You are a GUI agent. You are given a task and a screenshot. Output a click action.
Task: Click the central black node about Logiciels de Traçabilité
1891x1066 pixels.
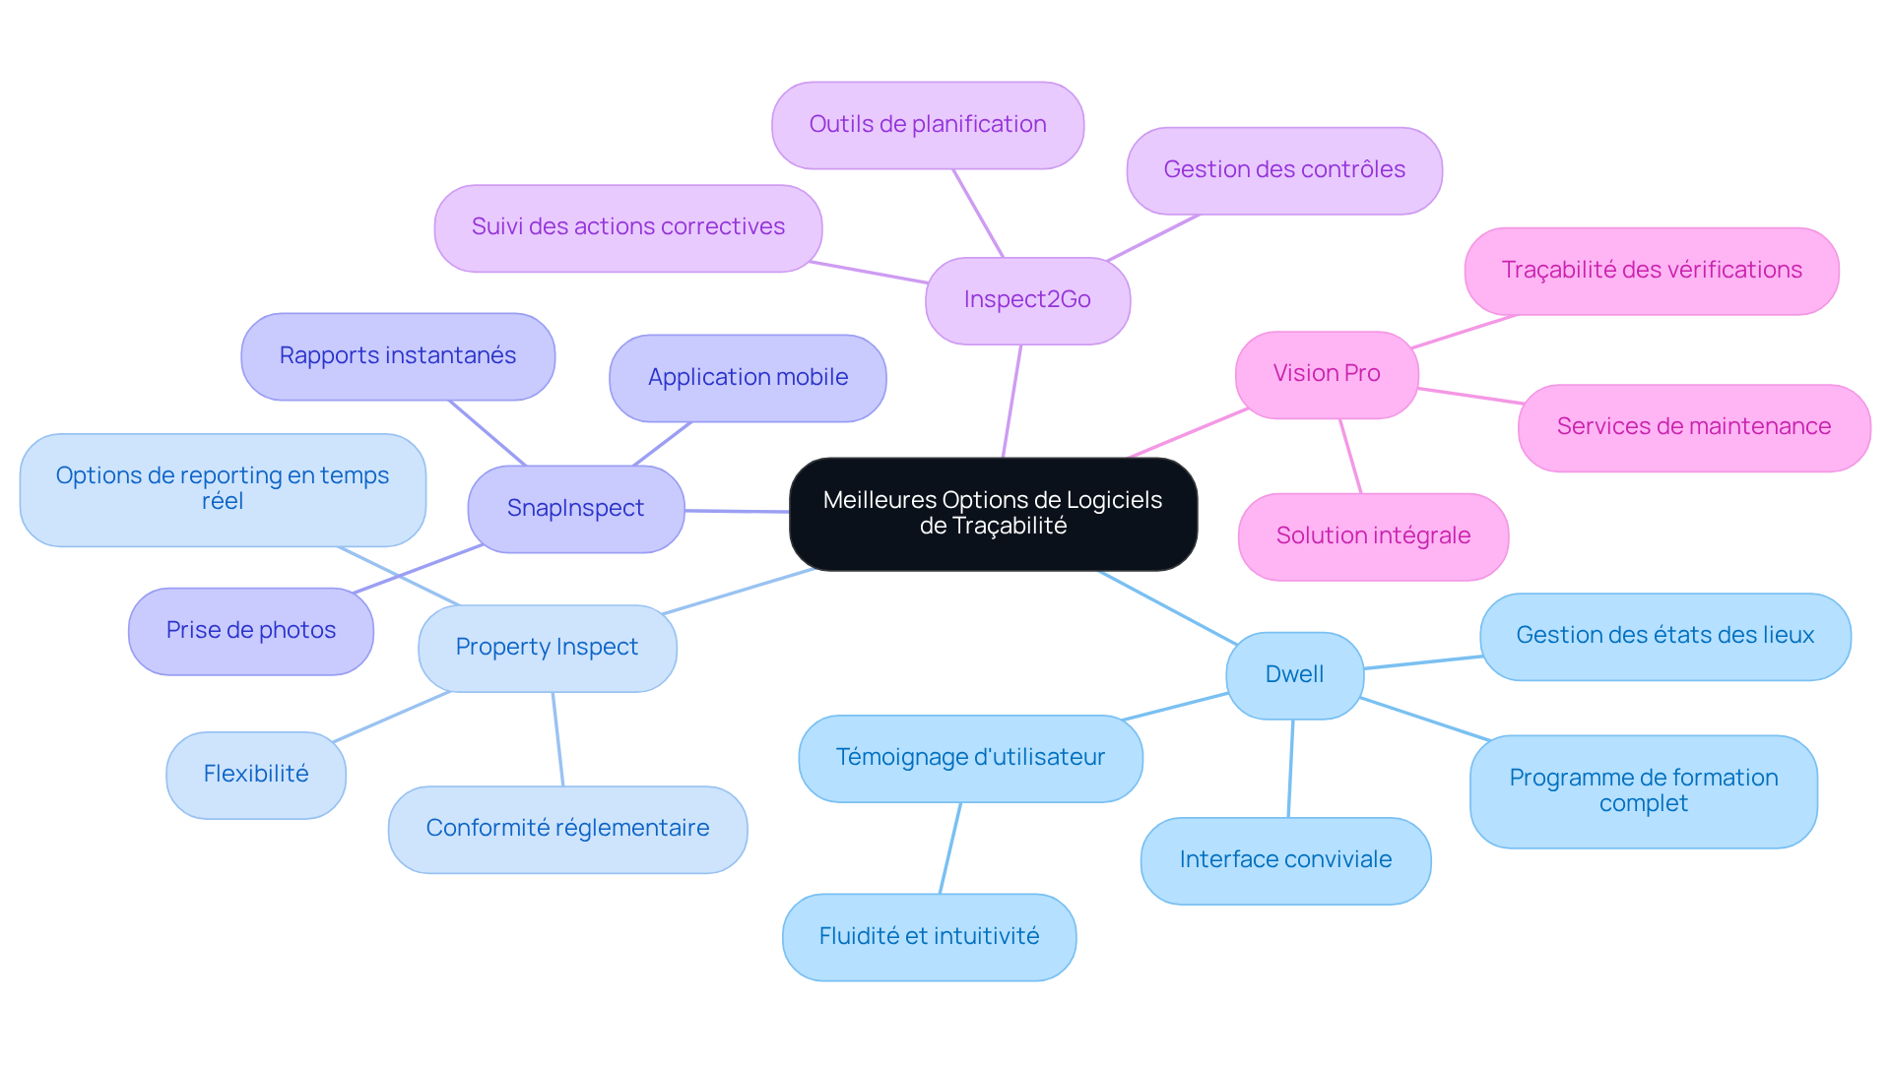[x=993, y=514]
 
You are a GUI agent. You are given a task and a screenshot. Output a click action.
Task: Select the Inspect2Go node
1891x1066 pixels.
[x=1027, y=300]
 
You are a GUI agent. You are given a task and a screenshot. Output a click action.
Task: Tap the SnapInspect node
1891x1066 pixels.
[x=576, y=509]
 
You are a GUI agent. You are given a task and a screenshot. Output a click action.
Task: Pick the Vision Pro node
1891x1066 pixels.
[x=1327, y=374]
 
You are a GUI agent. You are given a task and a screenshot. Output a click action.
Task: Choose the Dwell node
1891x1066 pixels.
[x=1294, y=675]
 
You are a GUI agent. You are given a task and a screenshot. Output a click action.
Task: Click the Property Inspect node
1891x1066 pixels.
[x=548, y=648]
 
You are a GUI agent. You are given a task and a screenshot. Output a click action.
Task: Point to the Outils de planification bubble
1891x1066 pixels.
[x=928, y=125]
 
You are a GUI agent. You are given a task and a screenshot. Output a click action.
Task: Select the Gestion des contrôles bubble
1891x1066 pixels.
[x=1284, y=170]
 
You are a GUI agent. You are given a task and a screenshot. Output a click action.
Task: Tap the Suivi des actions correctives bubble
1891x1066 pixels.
[x=628, y=227]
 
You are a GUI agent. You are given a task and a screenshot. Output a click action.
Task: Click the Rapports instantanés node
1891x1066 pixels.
[x=398, y=356]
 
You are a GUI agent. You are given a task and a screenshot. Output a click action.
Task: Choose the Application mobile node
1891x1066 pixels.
[x=748, y=378]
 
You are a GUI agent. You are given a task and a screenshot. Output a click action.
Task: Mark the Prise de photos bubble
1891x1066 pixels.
[x=251, y=631]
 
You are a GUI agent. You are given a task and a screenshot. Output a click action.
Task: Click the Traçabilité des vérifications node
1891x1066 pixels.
[x=1652, y=271]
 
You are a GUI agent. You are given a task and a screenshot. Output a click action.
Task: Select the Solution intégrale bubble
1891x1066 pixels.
[x=1373, y=536]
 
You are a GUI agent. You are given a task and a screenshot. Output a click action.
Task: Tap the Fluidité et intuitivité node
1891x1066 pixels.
[x=929, y=937]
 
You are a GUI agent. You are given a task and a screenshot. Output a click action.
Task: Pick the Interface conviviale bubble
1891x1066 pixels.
[x=1285, y=860]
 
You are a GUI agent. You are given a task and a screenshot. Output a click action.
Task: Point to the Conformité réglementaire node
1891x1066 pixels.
[x=567, y=829]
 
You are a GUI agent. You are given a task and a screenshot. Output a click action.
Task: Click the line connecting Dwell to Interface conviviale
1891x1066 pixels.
[x=1290, y=768]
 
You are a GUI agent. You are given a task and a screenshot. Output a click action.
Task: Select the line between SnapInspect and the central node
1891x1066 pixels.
[x=737, y=511]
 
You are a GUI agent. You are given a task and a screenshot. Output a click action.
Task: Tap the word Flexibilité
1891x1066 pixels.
[x=256, y=775]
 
